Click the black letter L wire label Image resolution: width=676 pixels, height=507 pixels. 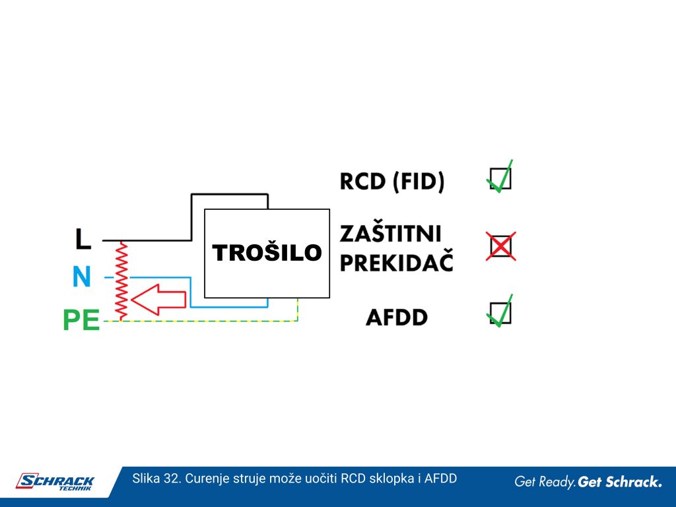[83, 239]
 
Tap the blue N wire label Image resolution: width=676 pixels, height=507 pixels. [82, 277]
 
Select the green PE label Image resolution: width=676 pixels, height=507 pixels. [81, 320]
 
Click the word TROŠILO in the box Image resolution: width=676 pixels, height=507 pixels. [267, 252]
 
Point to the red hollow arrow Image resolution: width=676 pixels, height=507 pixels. [158, 299]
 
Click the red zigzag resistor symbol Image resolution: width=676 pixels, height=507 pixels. [122, 281]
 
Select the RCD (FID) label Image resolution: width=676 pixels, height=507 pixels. [392, 181]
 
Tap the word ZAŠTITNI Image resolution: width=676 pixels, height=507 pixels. [391, 234]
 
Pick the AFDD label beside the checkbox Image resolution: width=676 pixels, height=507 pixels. [397, 318]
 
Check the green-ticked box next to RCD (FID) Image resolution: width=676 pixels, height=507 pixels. [500, 178]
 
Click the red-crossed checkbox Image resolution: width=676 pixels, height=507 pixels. [501, 246]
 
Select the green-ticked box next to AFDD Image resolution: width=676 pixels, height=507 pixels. [500, 312]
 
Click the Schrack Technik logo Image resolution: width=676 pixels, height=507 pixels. [55, 482]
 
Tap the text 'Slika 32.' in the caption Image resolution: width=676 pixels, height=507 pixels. [157, 479]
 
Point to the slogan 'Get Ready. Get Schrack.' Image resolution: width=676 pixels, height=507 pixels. [588, 481]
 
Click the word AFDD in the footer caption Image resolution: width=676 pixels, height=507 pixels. [440, 479]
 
